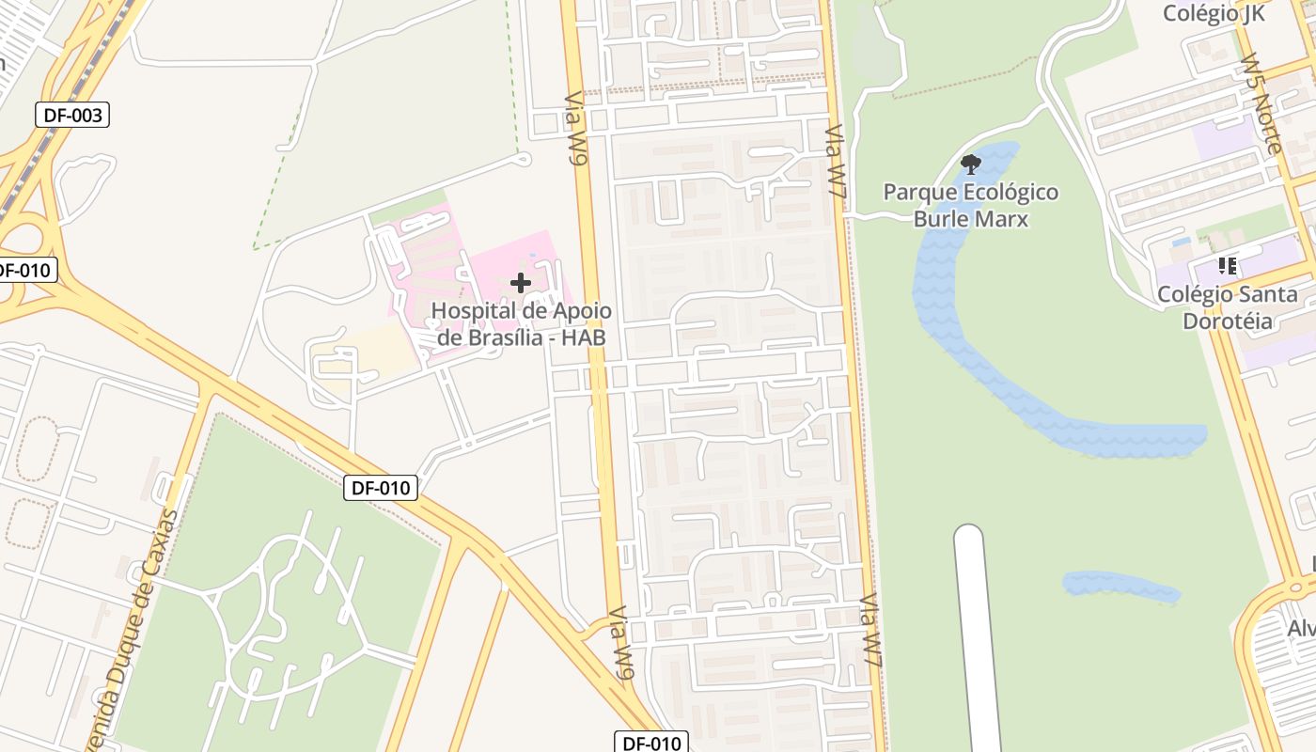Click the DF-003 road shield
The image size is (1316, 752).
pos(72,116)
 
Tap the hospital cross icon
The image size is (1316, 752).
pos(520,282)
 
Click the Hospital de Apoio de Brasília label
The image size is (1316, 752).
pos(521,324)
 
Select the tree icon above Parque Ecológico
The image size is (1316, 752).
pos(971,165)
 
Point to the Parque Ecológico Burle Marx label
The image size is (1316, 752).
pos(971,206)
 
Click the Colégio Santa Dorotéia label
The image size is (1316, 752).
pos(1227,307)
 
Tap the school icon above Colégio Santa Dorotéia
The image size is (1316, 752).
pos(1227,266)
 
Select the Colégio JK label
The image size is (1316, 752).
pos(1214,13)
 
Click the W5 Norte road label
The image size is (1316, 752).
pos(1261,103)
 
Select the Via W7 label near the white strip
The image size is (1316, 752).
pos(871,630)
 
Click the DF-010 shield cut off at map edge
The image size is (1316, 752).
pos(26,271)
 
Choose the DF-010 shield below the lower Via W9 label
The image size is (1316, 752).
pos(651,743)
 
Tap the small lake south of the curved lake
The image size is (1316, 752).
pos(1119,586)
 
